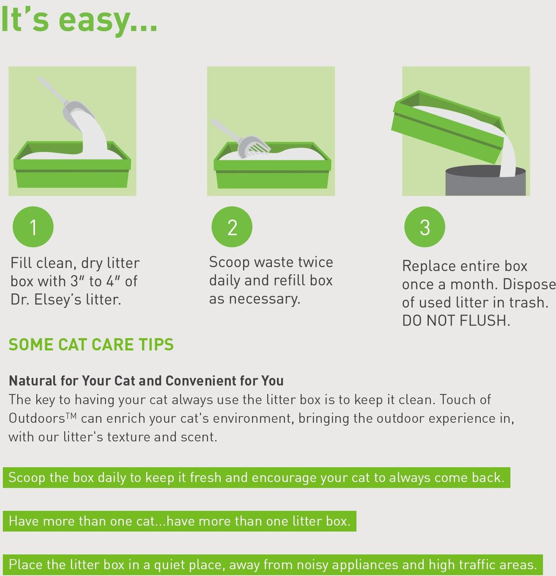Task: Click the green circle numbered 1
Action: (x=33, y=227)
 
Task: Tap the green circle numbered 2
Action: (x=232, y=227)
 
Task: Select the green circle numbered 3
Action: (x=425, y=227)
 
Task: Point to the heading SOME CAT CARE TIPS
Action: (x=91, y=345)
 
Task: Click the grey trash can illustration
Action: (x=485, y=180)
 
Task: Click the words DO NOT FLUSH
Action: (x=456, y=321)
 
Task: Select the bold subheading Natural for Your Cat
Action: (x=146, y=381)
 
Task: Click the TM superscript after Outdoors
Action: (x=71, y=415)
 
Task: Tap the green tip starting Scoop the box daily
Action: (x=256, y=478)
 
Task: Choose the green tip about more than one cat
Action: (x=179, y=521)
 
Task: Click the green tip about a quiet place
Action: (x=272, y=564)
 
